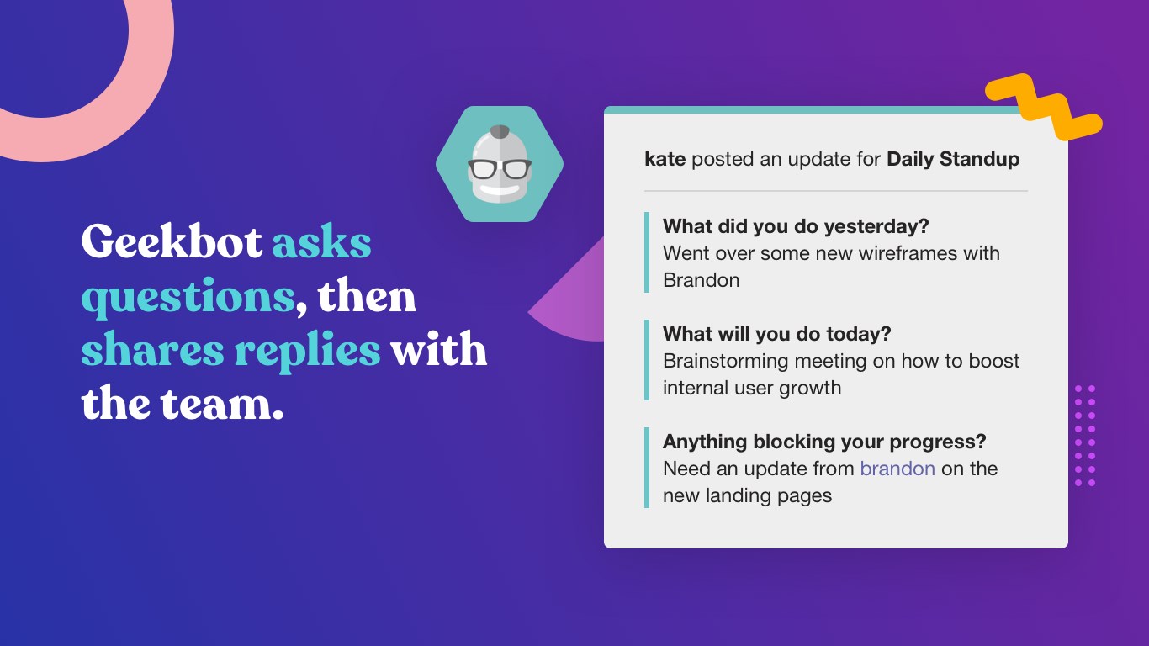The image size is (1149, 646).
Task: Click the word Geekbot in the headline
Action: pyautogui.click(x=172, y=241)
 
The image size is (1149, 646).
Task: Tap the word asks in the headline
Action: pyautogui.click(x=321, y=243)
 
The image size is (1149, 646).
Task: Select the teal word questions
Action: pyautogui.click(x=188, y=299)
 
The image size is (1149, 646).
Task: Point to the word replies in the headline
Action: pyautogui.click(x=307, y=352)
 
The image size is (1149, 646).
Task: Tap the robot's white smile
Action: pyautogui.click(x=499, y=191)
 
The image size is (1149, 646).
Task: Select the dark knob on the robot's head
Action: pyautogui.click(x=499, y=131)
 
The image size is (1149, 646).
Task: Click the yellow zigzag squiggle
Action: pyautogui.click(x=1044, y=106)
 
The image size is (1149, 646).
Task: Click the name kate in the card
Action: pyautogui.click(x=665, y=159)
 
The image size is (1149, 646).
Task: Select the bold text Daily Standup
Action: pyautogui.click(x=953, y=160)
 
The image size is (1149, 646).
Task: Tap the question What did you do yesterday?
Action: pyautogui.click(x=796, y=226)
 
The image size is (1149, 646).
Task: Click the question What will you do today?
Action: pyautogui.click(x=776, y=334)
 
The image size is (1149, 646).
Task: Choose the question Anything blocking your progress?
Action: pyautogui.click(x=824, y=442)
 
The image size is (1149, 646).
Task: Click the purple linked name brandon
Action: pyautogui.click(x=897, y=469)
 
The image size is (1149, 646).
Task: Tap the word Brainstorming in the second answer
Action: pyautogui.click(x=726, y=361)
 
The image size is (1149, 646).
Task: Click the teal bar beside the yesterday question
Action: pyautogui.click(x=647, y=252)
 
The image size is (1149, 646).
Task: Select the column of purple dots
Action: pyautogui.click(x=1085, y=436)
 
